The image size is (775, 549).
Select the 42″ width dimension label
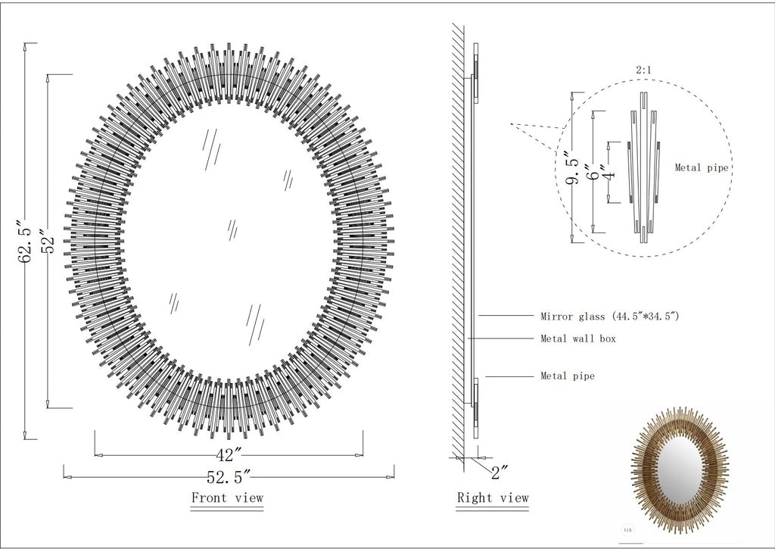click(x=229, y=454)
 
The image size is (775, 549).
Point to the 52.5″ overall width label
click(x=229, y=477)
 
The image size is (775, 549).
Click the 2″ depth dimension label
click(x=500, y=473)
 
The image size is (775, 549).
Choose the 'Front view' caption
click(x=227, y=498)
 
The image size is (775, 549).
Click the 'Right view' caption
click(x=493, y=498)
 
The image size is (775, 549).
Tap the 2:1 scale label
click(x=643, y=70)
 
